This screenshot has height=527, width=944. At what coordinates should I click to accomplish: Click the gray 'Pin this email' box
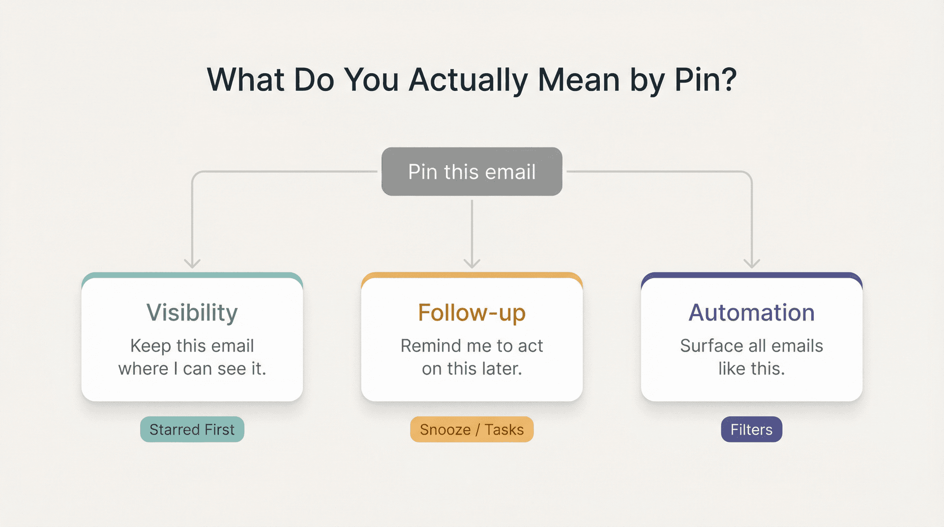(472, 172)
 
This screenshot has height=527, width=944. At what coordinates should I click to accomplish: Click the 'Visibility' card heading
(192, 313)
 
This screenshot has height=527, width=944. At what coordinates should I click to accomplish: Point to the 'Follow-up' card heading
(472, 313)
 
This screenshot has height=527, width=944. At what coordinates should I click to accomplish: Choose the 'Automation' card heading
(751, 313)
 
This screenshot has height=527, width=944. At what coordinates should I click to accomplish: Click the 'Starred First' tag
(192, 429)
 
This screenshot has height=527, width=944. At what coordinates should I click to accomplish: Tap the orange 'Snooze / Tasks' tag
(472, 429)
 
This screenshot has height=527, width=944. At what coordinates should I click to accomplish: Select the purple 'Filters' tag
(751, 429)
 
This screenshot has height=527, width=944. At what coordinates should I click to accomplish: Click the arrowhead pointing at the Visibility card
(192, 263)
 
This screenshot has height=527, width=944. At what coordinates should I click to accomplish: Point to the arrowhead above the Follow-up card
(472, 263)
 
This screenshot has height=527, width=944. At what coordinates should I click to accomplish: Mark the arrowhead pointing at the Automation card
(752, 263)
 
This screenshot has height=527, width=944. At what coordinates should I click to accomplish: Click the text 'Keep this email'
(192, 346)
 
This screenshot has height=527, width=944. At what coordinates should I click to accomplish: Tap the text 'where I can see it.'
(192, 369)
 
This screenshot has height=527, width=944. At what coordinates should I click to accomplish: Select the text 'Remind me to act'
(472, 346)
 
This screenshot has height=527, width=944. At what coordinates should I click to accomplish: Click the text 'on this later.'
(472, 369)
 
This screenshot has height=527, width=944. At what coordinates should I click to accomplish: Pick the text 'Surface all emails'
(751, 346)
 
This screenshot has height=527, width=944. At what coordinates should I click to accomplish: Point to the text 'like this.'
(751, 369)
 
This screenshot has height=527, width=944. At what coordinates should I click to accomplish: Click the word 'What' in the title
(246, 80)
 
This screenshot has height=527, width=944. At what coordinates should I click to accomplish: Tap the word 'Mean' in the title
(579, 80)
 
